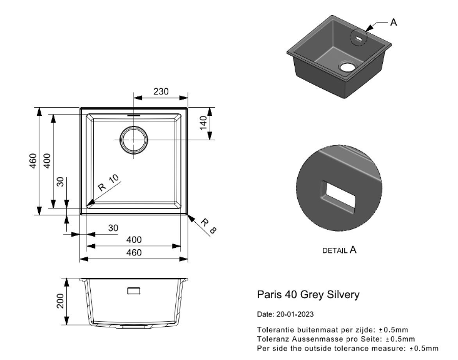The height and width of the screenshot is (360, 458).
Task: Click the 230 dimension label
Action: tap(161, 91)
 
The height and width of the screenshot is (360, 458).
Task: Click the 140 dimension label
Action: tap(203, 123)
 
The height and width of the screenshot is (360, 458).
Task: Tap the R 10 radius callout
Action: tap(109, 183)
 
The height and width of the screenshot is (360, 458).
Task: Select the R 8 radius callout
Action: tap(209, 226)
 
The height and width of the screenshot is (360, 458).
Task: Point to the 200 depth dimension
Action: tap(60, 301)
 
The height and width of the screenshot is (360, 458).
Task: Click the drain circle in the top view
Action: tap(134, 140)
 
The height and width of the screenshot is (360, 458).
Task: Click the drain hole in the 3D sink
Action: tap(347, 67)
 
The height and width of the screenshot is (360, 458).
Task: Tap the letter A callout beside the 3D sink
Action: tap(394, 22)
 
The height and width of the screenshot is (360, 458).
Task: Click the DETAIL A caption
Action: tap(339, 250)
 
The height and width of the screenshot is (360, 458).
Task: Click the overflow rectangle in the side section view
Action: tap(134, 291)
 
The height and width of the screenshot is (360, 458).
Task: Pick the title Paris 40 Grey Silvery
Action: tap(308, 294)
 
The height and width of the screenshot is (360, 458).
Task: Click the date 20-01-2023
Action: tap(295, 314)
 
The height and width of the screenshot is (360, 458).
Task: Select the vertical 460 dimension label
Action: tap(33, 161)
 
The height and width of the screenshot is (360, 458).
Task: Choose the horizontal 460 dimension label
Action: tap(134, 252)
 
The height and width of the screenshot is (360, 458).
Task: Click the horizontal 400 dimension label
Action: tap(134, 240)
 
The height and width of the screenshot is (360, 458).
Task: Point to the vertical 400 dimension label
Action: tap(47, 161)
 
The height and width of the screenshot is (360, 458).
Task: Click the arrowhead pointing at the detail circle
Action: tap(369, 28)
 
